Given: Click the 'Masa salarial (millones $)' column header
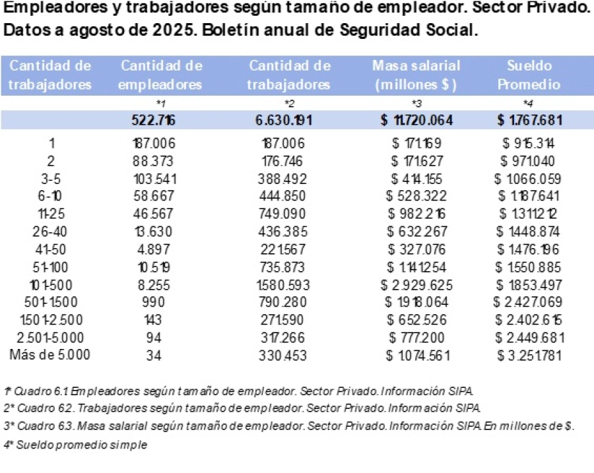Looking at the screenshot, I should [416, 75].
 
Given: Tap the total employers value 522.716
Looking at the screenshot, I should [154, 120].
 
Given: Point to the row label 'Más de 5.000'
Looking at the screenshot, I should [50, 354].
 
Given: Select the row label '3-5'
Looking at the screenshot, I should [50, 179].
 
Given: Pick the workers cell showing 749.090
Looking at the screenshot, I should [289, 214].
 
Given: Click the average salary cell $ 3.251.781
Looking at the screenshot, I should [529, 355].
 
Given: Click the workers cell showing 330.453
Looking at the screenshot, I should [289, 355].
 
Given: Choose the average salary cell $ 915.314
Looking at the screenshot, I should [529, 143].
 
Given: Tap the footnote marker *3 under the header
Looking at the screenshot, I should [416, 104].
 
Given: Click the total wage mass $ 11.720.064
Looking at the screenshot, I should [416, 120].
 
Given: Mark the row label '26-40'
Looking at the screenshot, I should [50, 232].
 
